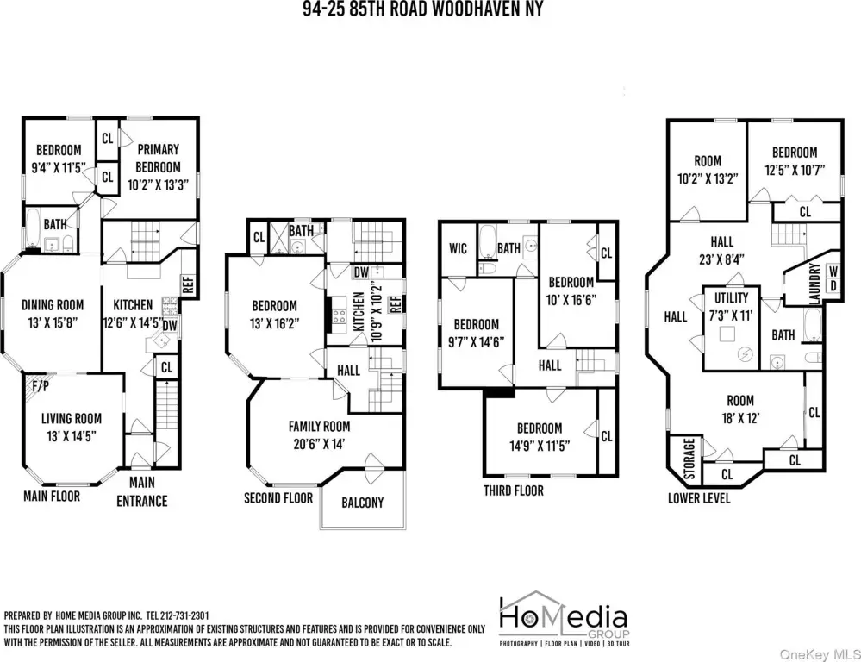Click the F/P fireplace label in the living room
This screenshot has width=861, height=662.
(41, 386)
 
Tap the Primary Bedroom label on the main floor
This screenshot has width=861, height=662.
(158, 159)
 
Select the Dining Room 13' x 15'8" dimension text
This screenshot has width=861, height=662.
(53, 322)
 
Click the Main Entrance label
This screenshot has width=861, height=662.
(141, 491)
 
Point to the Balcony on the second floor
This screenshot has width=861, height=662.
(362, 503)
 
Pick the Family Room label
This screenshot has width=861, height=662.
(319, 427)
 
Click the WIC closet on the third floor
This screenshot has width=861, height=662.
(458, 248)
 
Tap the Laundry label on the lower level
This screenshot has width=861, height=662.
(814, 284)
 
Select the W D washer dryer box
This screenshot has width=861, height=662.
(833, 278)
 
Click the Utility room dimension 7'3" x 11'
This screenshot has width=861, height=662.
(731, 315)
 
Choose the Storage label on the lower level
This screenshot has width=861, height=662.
(689, 459)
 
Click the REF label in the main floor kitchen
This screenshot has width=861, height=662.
(188, 284)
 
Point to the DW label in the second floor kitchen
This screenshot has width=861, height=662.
(361, 272)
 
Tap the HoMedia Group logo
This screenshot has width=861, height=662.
(564, 618)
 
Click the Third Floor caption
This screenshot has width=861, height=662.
(514, 490)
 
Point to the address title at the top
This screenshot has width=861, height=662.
(422, 9)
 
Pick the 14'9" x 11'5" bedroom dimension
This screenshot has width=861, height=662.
(540, 446)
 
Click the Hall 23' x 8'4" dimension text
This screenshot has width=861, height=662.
(721, 259)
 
